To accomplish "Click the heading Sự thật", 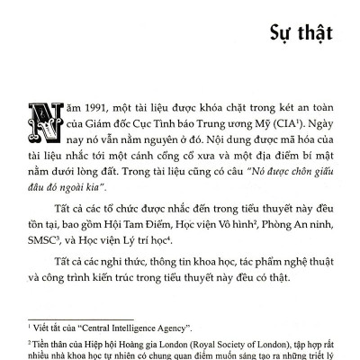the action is click(301, 35).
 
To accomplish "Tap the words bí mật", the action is click(313, 158).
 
